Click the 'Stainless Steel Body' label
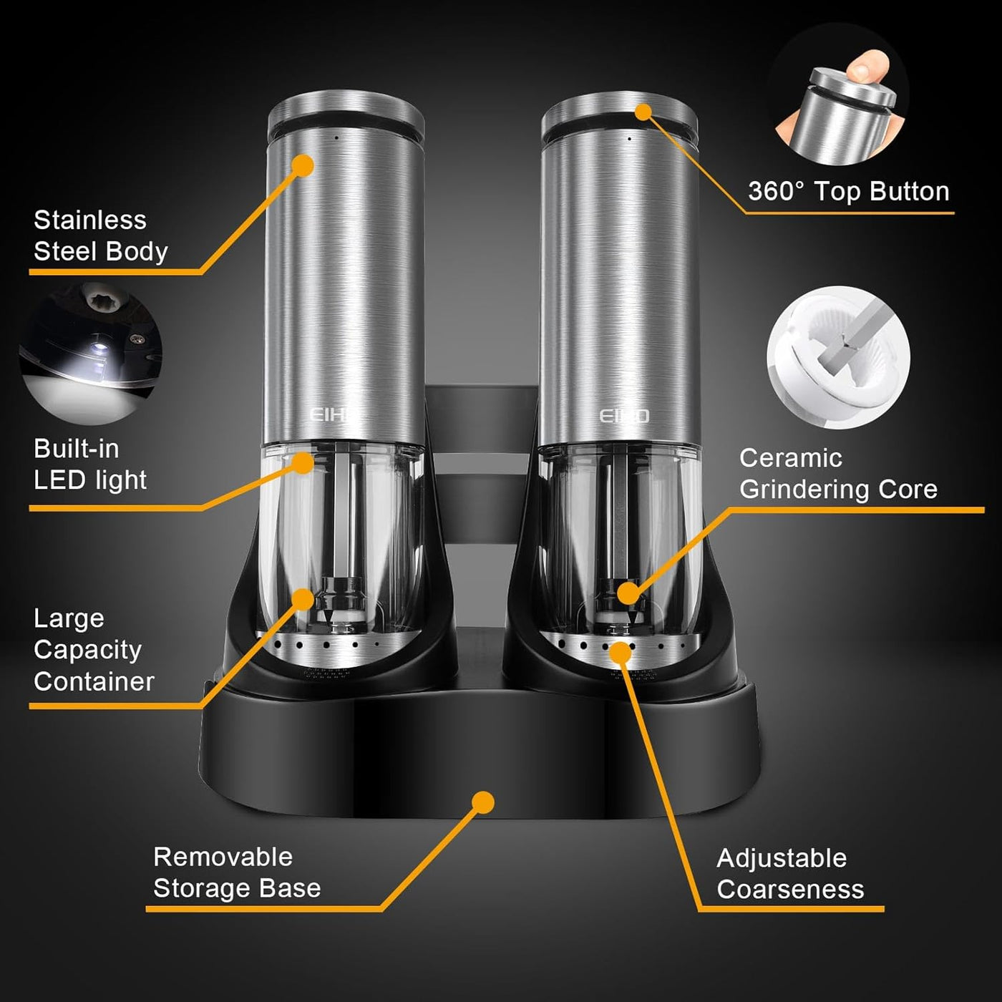100,235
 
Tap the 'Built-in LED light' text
89,464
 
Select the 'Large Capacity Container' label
93,650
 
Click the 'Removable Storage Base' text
236,872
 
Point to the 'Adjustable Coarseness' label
790,873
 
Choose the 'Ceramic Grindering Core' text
837,474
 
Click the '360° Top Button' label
848,192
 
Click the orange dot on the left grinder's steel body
303,166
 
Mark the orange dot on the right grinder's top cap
643,112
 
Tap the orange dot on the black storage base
484,802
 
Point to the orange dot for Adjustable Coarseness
621,652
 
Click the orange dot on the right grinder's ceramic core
628,593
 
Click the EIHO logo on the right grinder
623,416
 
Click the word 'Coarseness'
790,890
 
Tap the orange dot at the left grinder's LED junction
303,463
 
